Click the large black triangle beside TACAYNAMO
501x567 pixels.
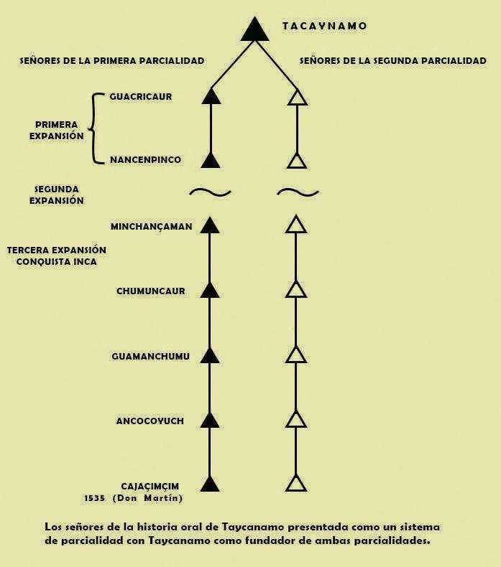point(254,29)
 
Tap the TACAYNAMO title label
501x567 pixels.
point(324,26)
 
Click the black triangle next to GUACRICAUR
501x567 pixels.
point(210,97)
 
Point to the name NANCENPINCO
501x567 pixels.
point(145,159)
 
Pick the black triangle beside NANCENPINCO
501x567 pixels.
point(210,160)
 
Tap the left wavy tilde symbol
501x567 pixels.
point(210,192)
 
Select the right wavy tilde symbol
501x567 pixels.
point(298,192)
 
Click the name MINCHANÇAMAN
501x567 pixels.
point(151,227)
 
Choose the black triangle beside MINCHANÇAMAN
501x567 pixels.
point(210,225)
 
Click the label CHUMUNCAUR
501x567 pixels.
point(151,291)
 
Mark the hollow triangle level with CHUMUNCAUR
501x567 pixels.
point(296,290)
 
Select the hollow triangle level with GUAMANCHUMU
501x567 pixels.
point(296,355)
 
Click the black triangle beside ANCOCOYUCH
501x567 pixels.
point(210,420)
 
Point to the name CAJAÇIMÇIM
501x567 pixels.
point(151,486)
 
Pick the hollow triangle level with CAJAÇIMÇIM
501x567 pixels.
point(296,483)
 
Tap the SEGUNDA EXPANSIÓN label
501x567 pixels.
point(56,195)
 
